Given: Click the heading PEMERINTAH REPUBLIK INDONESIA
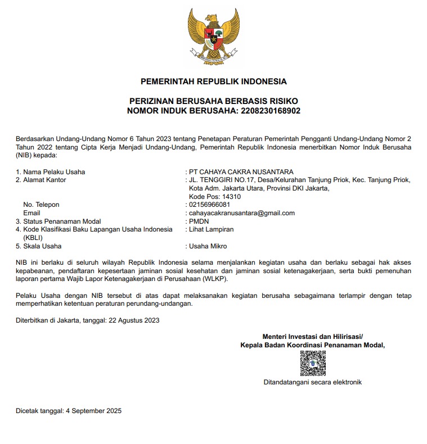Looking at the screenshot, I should point(213,81).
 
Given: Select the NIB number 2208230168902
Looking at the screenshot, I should point(271,111).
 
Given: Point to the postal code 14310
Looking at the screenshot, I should point(231,197).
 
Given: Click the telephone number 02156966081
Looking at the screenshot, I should point(210,205).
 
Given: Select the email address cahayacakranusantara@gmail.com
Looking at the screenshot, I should point(242,213).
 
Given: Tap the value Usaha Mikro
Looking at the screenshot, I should point(208,246).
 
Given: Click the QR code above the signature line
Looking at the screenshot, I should point(313,364).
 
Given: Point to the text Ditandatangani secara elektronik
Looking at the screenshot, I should point(313,383).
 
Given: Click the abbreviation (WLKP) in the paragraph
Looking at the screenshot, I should point(212,279).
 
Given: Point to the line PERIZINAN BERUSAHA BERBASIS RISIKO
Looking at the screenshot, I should point(213,101).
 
